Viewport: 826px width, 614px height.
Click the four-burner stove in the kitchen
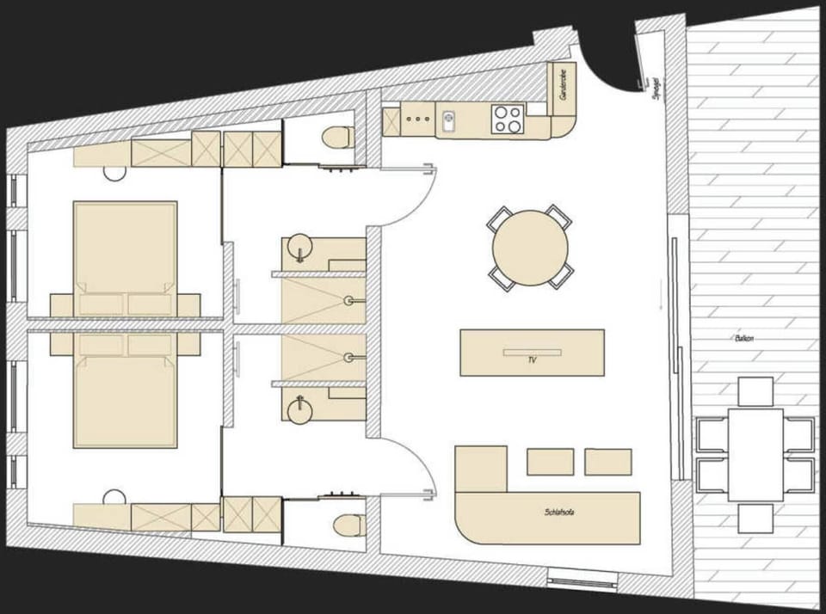(x=508, y=119)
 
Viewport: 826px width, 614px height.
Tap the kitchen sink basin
(x=447, y=121)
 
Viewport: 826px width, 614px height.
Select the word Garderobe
(x=562, y=86)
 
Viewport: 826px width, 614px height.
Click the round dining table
(x=530, y=248)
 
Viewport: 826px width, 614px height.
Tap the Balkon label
(x=744, y=338)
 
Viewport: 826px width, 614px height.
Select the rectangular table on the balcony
(x=755, y=454)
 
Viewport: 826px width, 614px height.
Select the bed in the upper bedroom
(x=125, y=249)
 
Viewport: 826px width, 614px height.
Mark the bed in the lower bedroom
(x=125, y=400)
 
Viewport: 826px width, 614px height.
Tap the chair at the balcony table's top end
(x=755, y=391)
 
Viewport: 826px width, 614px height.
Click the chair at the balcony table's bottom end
(x=755, y=518)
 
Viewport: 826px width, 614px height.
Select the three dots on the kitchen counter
(x=417, y=120)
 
